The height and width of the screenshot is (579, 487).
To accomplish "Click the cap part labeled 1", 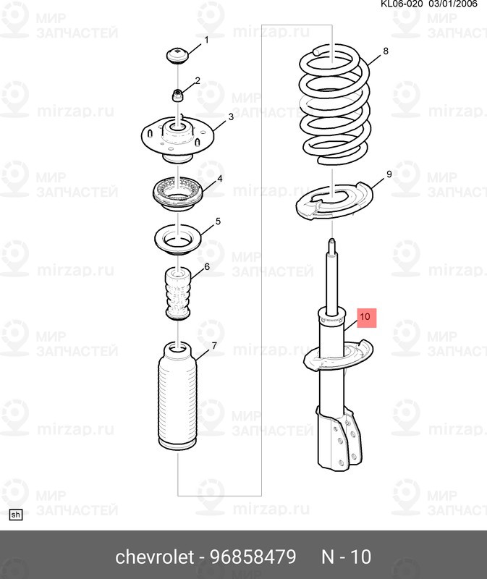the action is pos(177,56).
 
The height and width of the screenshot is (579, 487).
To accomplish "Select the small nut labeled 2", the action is pos(177,96).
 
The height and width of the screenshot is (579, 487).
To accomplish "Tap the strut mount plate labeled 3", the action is pos(177,139).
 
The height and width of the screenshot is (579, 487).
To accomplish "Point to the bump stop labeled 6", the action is pos(177,294).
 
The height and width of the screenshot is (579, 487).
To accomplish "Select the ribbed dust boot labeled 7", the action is pos(177,396).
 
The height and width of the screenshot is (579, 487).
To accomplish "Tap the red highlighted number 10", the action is pos(365,317).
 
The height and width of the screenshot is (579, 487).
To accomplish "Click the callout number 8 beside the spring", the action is pos(386,51).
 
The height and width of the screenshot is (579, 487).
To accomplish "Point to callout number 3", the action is pos(231,117).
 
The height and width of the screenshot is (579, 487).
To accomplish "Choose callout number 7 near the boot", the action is pos(214,346).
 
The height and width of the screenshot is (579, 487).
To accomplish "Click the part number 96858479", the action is pos(253,557).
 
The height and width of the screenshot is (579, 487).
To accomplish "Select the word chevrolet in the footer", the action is pos(155,557).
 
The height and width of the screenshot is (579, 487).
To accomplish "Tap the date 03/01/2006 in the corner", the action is pos(453,4).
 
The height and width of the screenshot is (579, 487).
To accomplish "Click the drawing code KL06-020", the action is pos(402,4).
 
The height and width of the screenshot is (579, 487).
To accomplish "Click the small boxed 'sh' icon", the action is pos(16,515).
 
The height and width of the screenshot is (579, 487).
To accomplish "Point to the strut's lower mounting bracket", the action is pos(339,439).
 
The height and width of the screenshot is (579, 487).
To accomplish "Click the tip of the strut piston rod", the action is pos(332,240).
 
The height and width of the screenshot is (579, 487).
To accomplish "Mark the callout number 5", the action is pos(218,221).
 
